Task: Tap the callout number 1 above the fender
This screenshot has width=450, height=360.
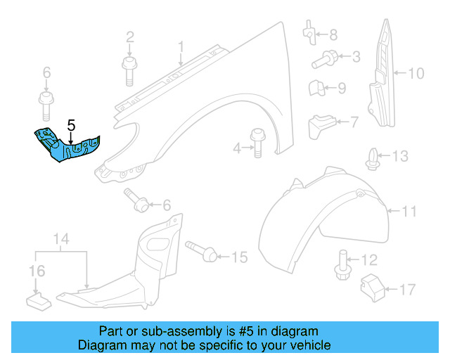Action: click(180, 47)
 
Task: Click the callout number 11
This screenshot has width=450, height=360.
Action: click(410, 210)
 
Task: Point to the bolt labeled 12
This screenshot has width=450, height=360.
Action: click(343, 265)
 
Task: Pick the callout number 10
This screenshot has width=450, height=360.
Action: click(416, 72)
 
